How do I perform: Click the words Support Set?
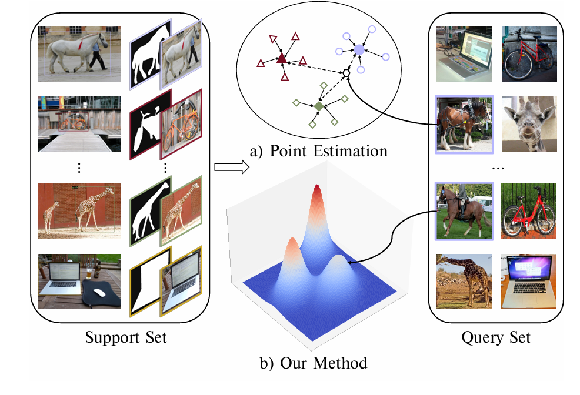[126, 338]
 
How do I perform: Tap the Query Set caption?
[496, 337]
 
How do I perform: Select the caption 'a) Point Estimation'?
[319, 151]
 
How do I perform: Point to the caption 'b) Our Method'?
[313, 362]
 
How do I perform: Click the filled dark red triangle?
[281, 58]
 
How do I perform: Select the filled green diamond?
[318, 106]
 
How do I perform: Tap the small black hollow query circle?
[346, 72]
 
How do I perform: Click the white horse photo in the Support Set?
[79, 53]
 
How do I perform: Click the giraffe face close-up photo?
[528, 124]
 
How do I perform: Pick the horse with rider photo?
[463, 211]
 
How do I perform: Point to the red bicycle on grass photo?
[528, 211]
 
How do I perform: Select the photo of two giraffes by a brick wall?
[79, 210]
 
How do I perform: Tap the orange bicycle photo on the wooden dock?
[79, 124]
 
